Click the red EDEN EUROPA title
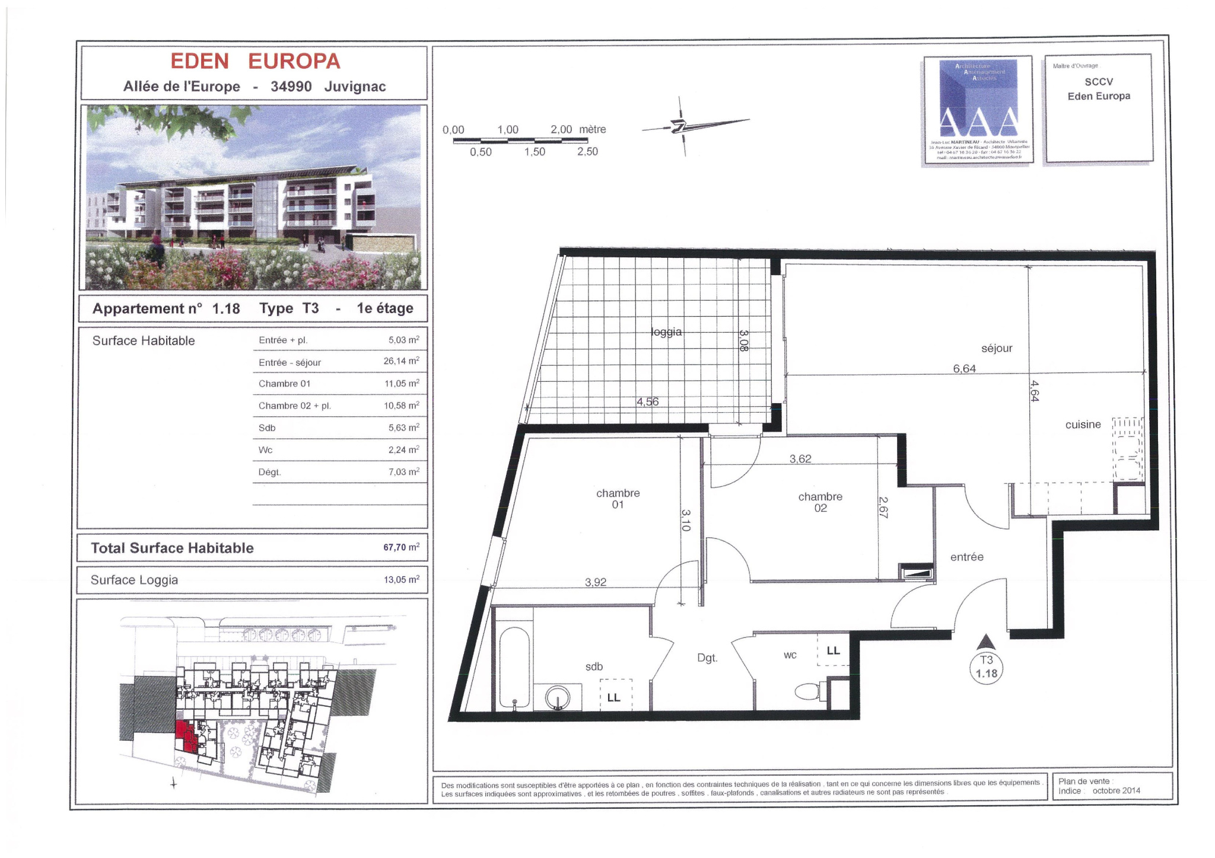(255, 61)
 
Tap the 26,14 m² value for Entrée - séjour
(401, 361)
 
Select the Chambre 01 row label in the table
(284, 384)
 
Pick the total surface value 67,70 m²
(401, 547)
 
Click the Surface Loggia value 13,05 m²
(401, 580)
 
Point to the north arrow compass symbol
(682, 126)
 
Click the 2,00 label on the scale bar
(561, 129)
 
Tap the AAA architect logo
(979, 110)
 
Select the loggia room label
(666, 332)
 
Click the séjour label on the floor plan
(997, 349)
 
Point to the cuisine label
(1083, 425)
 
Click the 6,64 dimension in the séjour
(964, 369)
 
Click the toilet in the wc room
(808, 691)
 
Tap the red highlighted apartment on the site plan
(185, 735)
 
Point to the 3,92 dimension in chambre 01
(596, 583)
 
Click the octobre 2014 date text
(1116, 790)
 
